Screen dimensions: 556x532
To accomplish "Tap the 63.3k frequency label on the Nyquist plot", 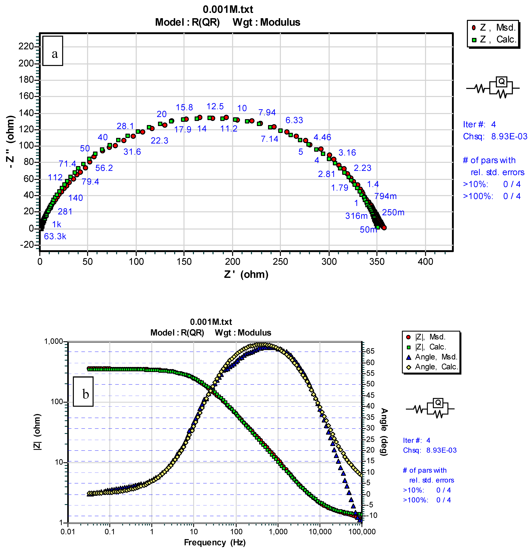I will (55, 236).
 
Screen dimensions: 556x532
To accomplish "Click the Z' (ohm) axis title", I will (246, 274).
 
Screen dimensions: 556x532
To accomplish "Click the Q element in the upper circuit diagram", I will (501, 82).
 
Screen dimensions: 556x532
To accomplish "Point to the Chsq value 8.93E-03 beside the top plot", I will (509, 136).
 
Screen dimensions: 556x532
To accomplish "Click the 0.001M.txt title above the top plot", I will (228, 9).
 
